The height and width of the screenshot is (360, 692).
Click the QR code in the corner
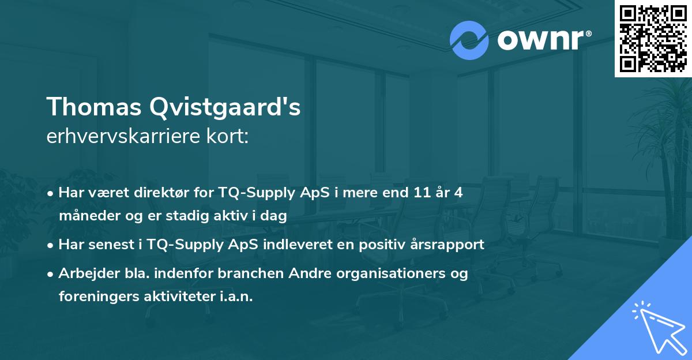(x=653, y=38)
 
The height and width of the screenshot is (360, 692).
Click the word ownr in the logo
(x=539, y=40)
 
